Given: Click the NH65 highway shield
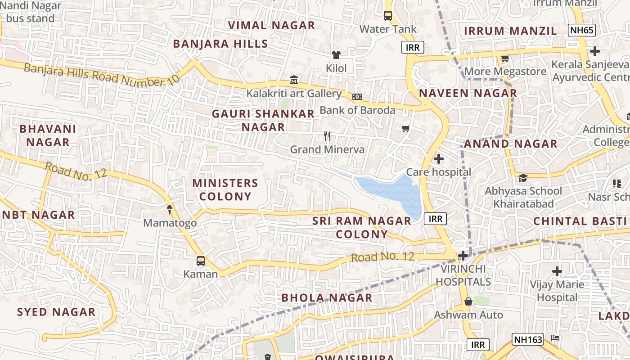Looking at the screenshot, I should [582, 31].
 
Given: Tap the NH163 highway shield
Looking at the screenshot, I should [528, 339].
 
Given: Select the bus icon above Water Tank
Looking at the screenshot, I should [388, 16].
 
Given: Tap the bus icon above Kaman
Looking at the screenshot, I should [201, 261].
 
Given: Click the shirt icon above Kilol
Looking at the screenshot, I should [336, 55].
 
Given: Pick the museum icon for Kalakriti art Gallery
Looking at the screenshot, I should [294, 80].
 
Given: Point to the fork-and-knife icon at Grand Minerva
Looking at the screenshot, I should [327, 136].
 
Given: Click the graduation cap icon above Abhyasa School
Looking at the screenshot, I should [523, 178].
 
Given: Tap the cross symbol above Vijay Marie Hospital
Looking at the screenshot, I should [557, 271].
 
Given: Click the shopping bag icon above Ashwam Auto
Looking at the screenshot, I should [468, 301].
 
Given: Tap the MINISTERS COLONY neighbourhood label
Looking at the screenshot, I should [225, 189].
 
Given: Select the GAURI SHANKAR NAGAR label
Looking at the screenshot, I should [263, 120].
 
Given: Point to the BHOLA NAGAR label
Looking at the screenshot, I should [327, 297].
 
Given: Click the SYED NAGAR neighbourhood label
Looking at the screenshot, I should [56, 312].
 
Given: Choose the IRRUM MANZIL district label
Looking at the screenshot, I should [510, 31].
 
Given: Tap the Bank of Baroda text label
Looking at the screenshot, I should [357, 110].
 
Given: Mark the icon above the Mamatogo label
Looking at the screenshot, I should [170, 209].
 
